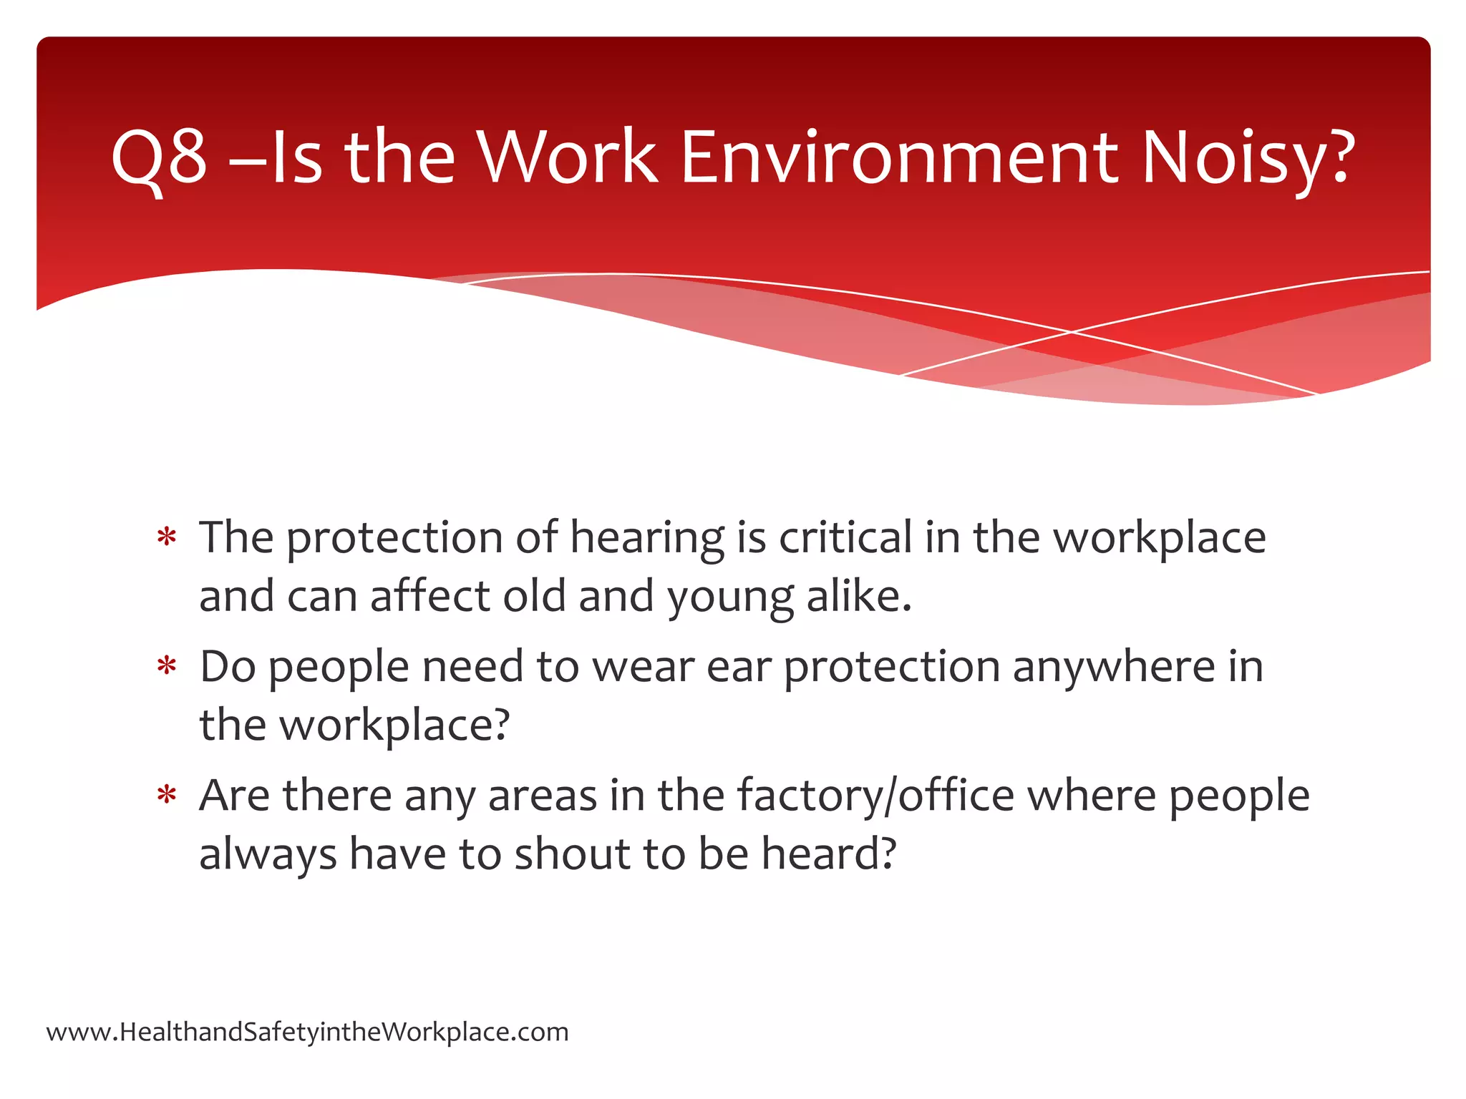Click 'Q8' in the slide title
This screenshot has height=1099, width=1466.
pos(159,157)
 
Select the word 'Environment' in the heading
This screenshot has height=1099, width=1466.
pos(900,157)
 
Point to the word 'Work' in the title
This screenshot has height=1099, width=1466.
pos(567,157)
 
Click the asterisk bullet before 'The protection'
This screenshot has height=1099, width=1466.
pos(167,537)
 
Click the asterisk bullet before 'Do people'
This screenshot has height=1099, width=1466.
pos(167,666)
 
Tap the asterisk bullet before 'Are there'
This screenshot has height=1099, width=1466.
pos(167,795)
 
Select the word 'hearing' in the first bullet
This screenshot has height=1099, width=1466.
pos(646,538)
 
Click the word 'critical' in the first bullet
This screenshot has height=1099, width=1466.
pos(845,537)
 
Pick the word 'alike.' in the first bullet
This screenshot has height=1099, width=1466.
pos(859,595)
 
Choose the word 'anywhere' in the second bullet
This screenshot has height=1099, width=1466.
pos(1113,667)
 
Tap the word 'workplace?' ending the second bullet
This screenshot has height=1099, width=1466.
pos(394,726)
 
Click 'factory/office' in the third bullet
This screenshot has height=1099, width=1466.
pos(875,796)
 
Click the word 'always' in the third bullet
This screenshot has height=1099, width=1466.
pos(268,854)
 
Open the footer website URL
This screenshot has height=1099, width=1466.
pos(307,1032)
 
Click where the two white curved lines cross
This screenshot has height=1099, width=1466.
pos(1072,332)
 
